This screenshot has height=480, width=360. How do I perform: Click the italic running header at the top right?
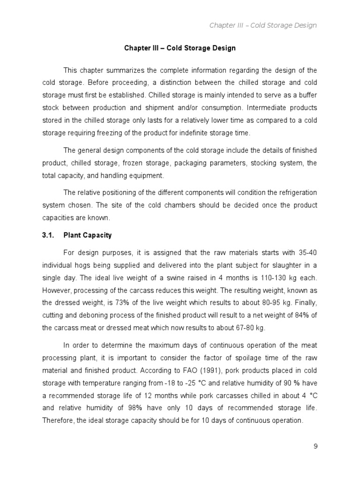(263, 25)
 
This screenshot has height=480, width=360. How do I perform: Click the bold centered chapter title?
(180, 48)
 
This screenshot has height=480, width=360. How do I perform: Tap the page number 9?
(315, 446)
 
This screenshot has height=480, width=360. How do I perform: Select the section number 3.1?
(49, 235)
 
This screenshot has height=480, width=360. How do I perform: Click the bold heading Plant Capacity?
(88, 235)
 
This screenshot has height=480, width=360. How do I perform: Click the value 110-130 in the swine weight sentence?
(274, 277)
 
